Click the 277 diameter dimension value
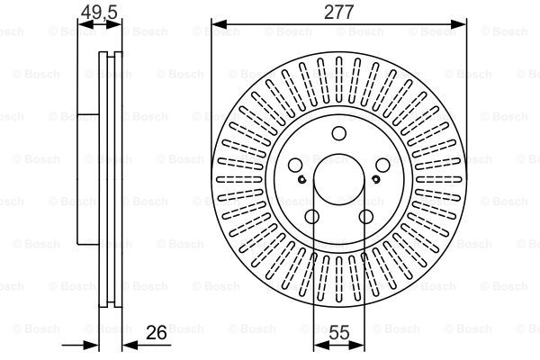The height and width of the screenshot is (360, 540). point(339,12)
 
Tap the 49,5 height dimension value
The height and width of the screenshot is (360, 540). point(99,12)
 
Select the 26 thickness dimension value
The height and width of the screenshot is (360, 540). point(156,332)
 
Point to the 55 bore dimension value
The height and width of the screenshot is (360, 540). point(339,332)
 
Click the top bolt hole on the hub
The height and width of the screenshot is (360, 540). point(339,133)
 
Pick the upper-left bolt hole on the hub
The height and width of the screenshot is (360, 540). point(295,166)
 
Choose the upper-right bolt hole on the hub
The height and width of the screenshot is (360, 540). point(382,166)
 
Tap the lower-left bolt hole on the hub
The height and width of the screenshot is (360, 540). point(312,217)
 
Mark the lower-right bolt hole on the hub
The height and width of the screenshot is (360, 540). point(365,217)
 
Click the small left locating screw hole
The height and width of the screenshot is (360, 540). point(302,179)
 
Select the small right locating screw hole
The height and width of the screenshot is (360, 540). point(376,179)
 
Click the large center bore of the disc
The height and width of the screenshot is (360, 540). point(339,179)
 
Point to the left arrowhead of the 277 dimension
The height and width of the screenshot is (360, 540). point(219,24)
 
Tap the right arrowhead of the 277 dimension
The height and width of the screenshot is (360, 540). point(459,24)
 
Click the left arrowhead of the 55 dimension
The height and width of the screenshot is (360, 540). point(321,345)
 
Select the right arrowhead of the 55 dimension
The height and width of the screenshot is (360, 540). point(356,345)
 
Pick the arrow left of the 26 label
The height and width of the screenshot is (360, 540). point(80,345)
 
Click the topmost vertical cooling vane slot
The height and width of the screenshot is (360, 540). point(339,80)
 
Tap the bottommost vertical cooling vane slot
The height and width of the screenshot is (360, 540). point(339,279)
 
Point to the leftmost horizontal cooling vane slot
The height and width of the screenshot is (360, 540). point(239,179)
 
